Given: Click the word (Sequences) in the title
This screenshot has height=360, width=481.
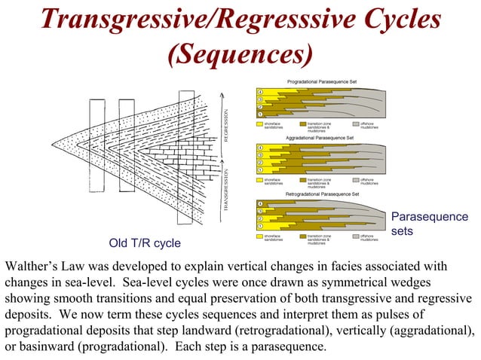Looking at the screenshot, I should [240, 53].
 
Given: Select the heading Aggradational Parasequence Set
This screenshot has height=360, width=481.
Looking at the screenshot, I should [320, 139].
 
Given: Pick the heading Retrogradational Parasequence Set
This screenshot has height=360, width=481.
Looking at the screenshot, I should [322, 194].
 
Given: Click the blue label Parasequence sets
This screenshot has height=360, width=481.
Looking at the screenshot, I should [429, 224].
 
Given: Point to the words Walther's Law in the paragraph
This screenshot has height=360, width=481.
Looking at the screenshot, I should [45, 266].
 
